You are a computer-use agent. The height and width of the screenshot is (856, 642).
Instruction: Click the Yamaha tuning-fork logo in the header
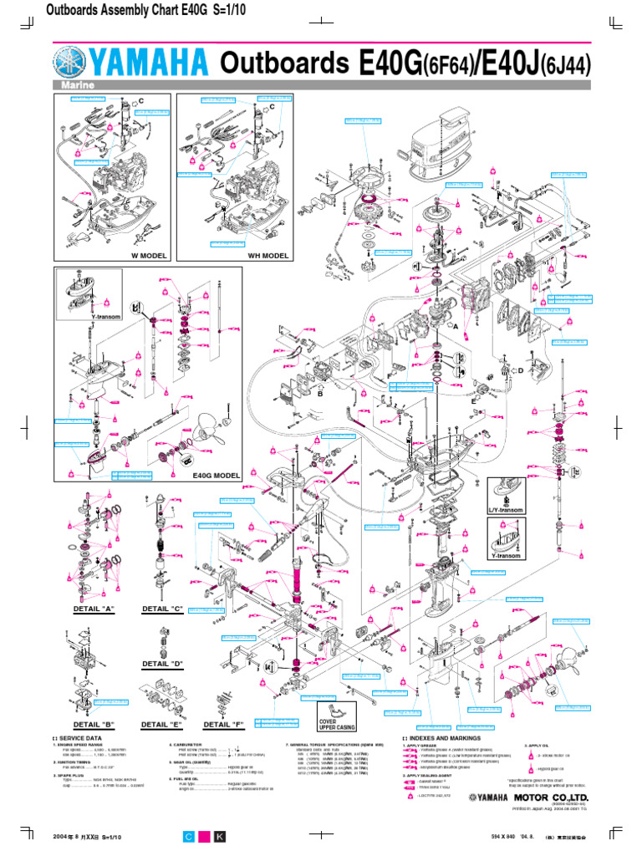(73, 64)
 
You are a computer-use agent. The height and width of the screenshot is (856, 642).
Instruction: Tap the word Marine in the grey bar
(74, 86)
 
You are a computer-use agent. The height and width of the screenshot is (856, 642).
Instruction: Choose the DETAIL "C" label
(163, 609)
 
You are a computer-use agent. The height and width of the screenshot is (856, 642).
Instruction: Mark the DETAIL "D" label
(163, 663)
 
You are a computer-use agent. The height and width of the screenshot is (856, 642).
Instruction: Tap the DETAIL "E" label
(162, 724)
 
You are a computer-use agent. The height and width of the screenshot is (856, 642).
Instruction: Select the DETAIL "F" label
(222, 724)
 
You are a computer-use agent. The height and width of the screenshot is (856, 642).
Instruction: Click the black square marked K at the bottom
(220, 836)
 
